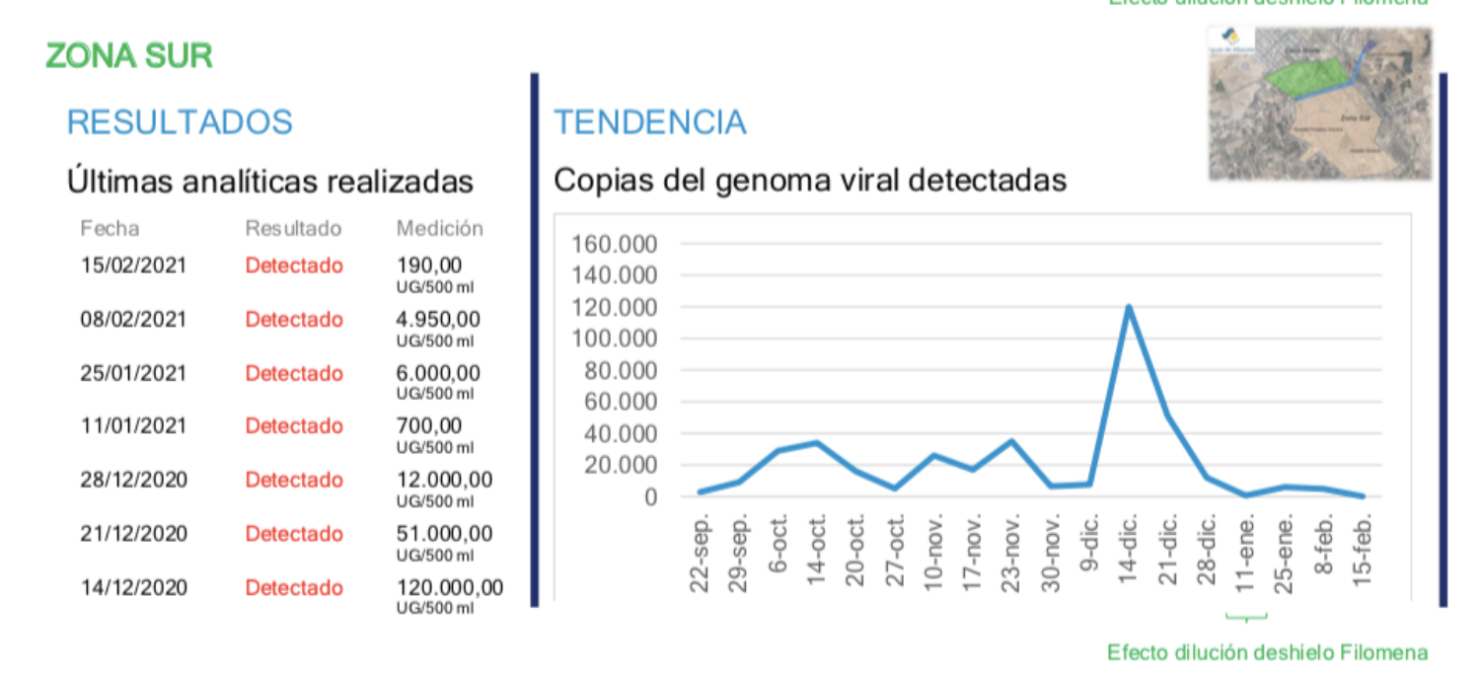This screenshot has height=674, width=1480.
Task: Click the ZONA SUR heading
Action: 129,56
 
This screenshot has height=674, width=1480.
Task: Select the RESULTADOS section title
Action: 180,122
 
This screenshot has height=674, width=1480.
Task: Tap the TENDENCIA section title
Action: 649,122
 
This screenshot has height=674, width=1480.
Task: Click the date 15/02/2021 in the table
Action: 132,265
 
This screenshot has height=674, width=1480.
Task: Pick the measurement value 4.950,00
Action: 438,320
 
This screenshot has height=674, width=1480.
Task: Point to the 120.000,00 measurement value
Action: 449,588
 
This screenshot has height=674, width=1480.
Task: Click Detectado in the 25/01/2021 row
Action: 294,374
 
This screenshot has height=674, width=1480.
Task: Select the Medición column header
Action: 439,229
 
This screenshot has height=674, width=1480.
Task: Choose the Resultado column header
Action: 293,229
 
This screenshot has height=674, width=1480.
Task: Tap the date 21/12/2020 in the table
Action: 132,534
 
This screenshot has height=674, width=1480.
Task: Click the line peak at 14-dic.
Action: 1128,307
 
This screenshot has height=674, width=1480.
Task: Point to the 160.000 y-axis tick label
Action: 615,244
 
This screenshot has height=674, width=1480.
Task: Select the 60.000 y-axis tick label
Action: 621,402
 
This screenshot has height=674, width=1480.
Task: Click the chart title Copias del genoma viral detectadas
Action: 809,182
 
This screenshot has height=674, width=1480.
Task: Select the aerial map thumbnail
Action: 1319,104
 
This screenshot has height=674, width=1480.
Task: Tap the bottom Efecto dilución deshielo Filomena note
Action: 1267,652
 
